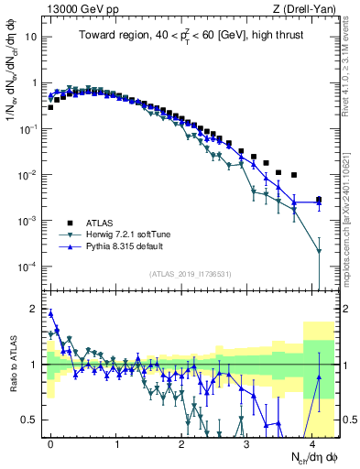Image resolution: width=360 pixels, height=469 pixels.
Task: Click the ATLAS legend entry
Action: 101,223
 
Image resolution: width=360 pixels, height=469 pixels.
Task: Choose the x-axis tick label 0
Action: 51,442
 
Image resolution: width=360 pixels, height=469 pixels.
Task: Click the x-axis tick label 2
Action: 182,442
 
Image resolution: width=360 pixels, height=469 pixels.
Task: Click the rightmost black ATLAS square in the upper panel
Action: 318,200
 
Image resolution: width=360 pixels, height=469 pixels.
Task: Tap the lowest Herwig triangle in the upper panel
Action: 318,251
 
